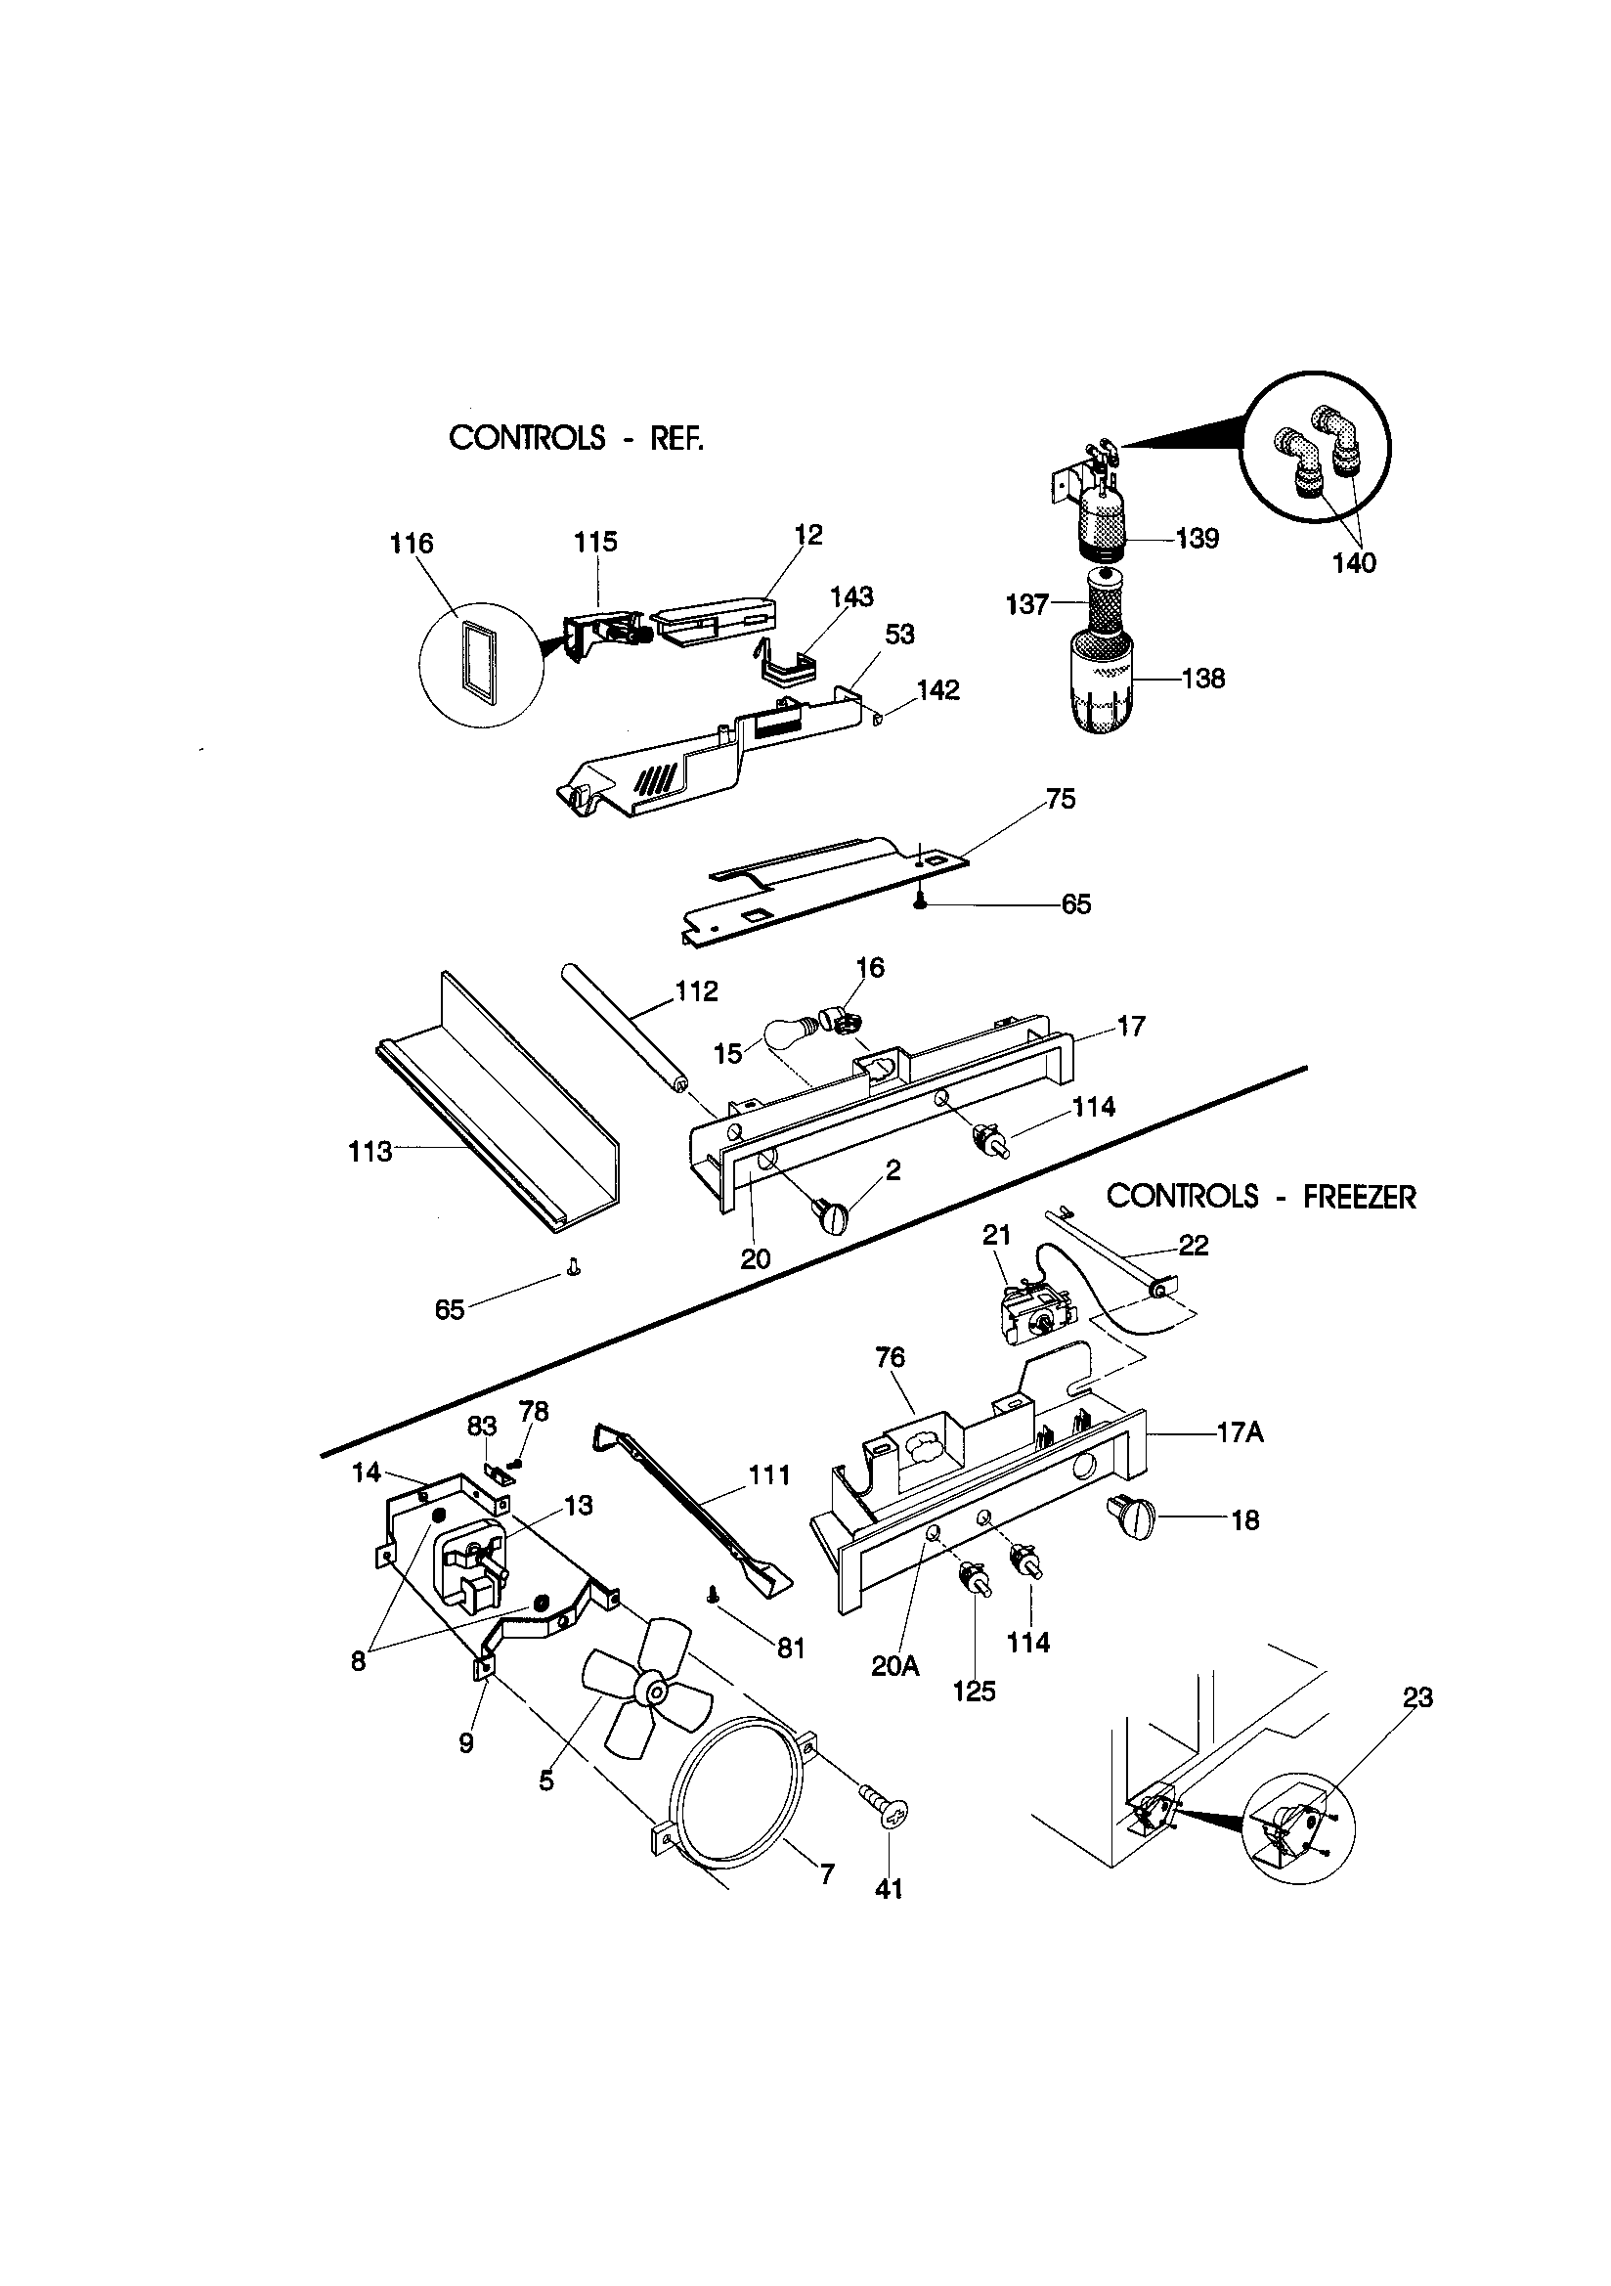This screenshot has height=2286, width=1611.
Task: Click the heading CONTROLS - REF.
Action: [577, 437]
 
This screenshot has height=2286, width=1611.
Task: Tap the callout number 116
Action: [412, 544]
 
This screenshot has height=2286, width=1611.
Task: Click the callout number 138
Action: [1202, 679]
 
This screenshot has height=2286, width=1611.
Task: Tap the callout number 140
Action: [1353, 563]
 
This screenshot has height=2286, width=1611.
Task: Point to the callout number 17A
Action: [1240, 1433]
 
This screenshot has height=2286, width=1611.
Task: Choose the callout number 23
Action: [1416, 1697]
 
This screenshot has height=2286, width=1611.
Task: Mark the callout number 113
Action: [370, 1152]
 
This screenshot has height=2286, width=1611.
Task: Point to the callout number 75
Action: [1061, 800]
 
